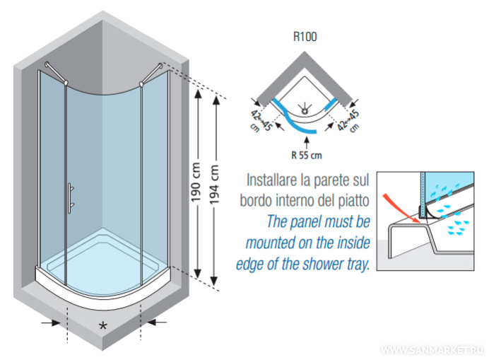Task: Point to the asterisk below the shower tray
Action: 103,325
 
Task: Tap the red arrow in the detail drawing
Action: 401,204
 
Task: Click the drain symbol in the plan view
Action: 305,109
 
